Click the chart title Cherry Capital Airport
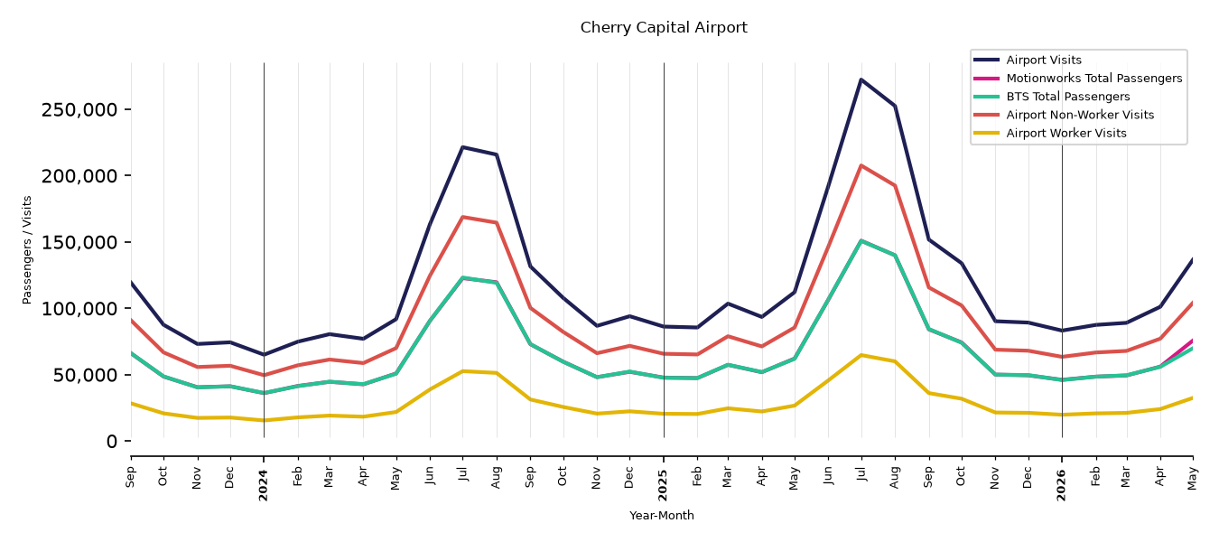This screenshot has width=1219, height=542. [664, 27]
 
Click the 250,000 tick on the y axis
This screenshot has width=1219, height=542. [79, 110]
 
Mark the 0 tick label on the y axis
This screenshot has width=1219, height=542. [112, 442]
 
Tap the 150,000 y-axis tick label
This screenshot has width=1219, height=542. [79, 243]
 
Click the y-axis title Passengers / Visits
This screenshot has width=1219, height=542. [27, 250]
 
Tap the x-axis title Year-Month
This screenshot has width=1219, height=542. [662, 515]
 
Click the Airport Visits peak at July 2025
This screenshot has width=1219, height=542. [861, 79]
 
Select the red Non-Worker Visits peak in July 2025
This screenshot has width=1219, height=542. [861, 165]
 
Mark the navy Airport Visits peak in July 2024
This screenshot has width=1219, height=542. [462, 147]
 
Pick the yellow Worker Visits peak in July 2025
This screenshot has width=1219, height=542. [861, 355]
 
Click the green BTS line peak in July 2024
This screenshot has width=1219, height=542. [462, 277]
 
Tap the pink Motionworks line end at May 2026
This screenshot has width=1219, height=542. [1192, 341]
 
